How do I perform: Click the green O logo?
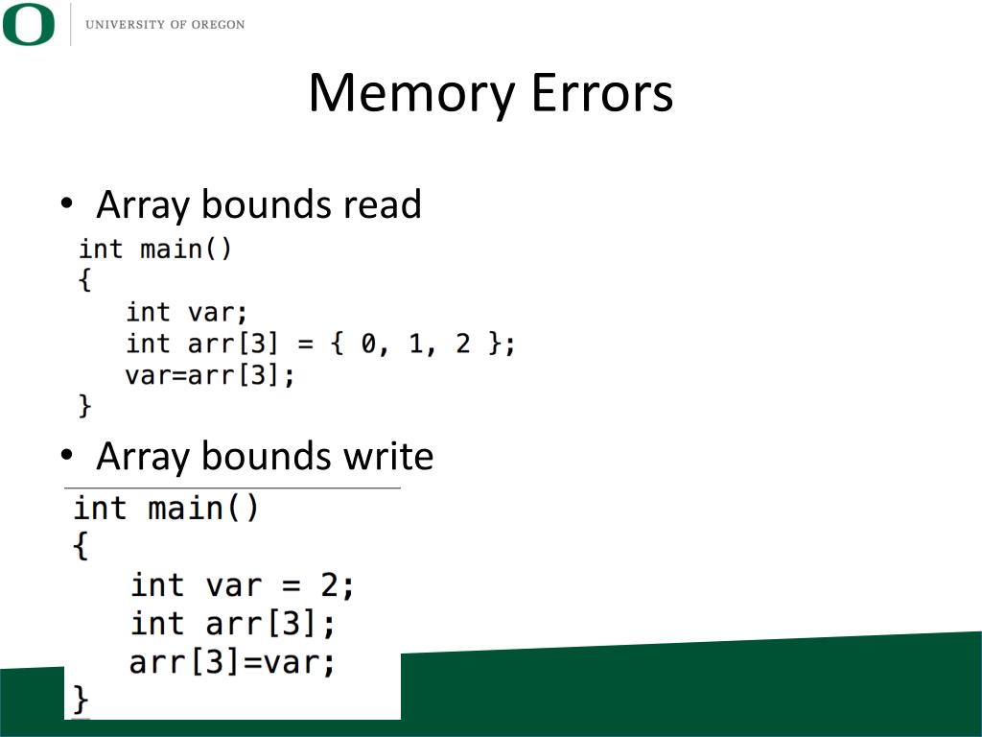(29, 24)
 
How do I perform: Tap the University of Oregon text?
(165, 24)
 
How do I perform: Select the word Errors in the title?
(601, 94)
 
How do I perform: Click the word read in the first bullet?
(382, 204)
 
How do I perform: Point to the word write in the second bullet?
(392, 456)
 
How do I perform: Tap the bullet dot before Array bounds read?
(66, 203)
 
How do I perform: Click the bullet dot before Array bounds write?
(66, 455)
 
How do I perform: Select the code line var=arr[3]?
(209, 375)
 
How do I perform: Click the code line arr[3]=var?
(232, 662)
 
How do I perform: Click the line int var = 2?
(243, 584)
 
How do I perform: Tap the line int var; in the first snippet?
(187, 312)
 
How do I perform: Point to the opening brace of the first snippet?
(84, 280)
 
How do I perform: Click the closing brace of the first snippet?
(84, 406)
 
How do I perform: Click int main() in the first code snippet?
(155, 250)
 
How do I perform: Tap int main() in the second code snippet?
(166, 508)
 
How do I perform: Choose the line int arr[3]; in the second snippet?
(233, 624)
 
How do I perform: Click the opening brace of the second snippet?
(82, 546)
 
